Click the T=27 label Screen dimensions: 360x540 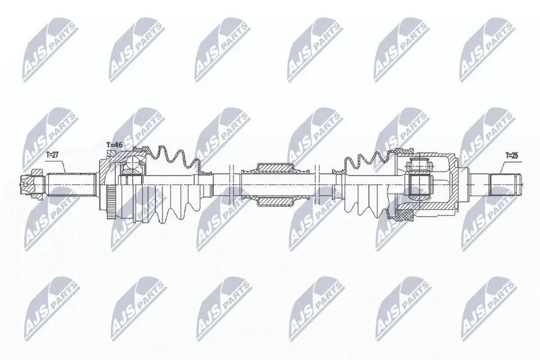pyautogui.click(x=52, y=154)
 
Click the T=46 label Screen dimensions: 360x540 pyautogui.click(x=115, y=145)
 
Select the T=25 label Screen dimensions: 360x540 pyautogui.click(x=512, y=154)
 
